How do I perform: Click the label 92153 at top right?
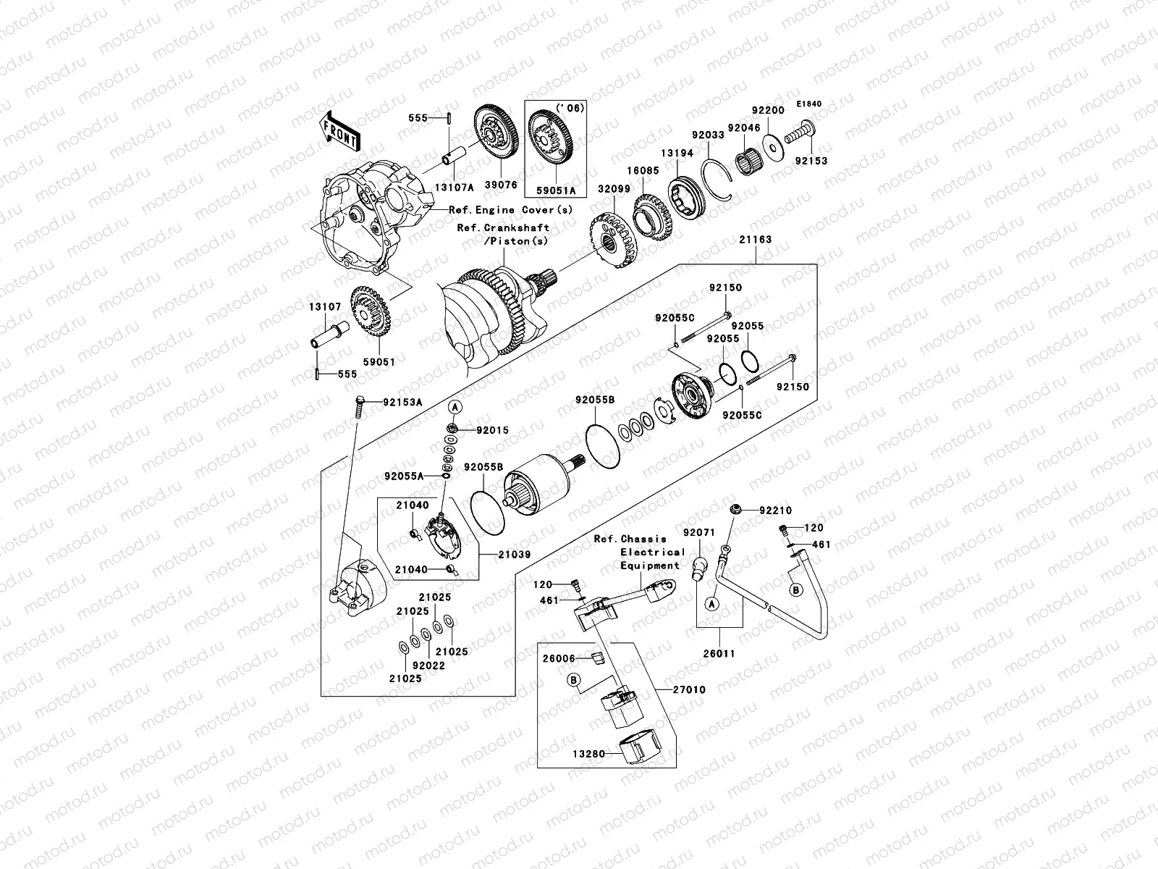click(811, 161)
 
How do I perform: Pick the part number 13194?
click(676, 154)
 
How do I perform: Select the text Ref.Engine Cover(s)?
click(510, 210)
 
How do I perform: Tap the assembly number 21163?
click(755, 240)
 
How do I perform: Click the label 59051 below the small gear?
click(379, 361)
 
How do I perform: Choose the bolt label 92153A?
click(402, 402)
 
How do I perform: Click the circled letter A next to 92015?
click(455, 408)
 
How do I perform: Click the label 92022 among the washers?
click(428, 666)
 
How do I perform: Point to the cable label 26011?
click(719, 653)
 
